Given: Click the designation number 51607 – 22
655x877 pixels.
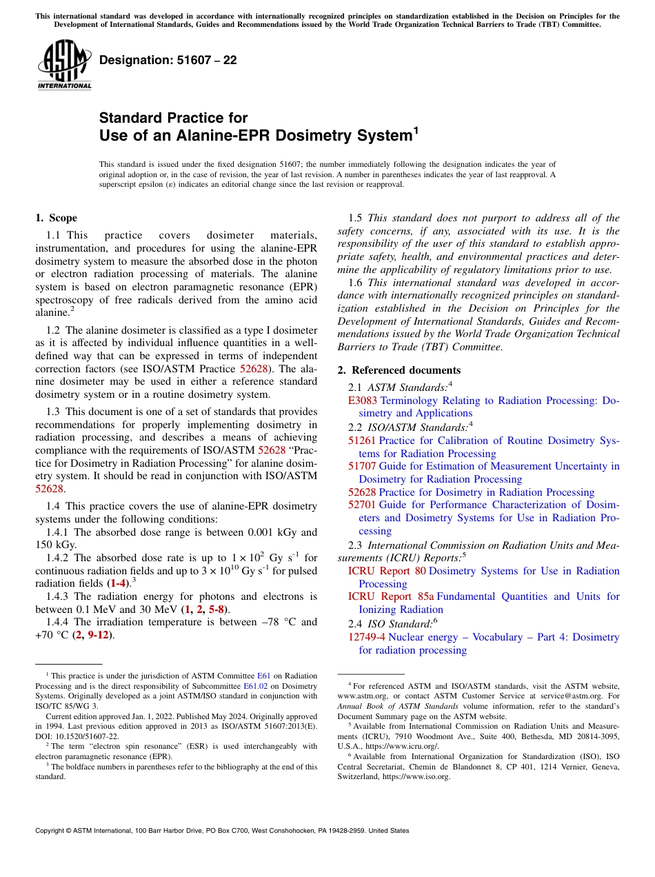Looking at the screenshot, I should coord(168,60).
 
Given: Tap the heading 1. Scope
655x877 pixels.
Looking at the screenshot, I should coord(56,218).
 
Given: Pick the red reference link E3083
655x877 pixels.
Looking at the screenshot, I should coord(363,400).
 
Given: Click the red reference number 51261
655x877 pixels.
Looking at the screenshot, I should coord(362,441).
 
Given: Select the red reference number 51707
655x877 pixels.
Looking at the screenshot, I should coord(362,467).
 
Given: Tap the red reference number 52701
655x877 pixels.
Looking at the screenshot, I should coord(362,505).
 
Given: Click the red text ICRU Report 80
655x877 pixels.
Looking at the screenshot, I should coord(387,571).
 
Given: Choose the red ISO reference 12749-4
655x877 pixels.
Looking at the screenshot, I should coord(367,637).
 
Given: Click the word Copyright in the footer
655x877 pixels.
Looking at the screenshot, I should coord(53,831).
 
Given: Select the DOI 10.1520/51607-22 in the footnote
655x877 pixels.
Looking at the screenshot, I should coord(81,736).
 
